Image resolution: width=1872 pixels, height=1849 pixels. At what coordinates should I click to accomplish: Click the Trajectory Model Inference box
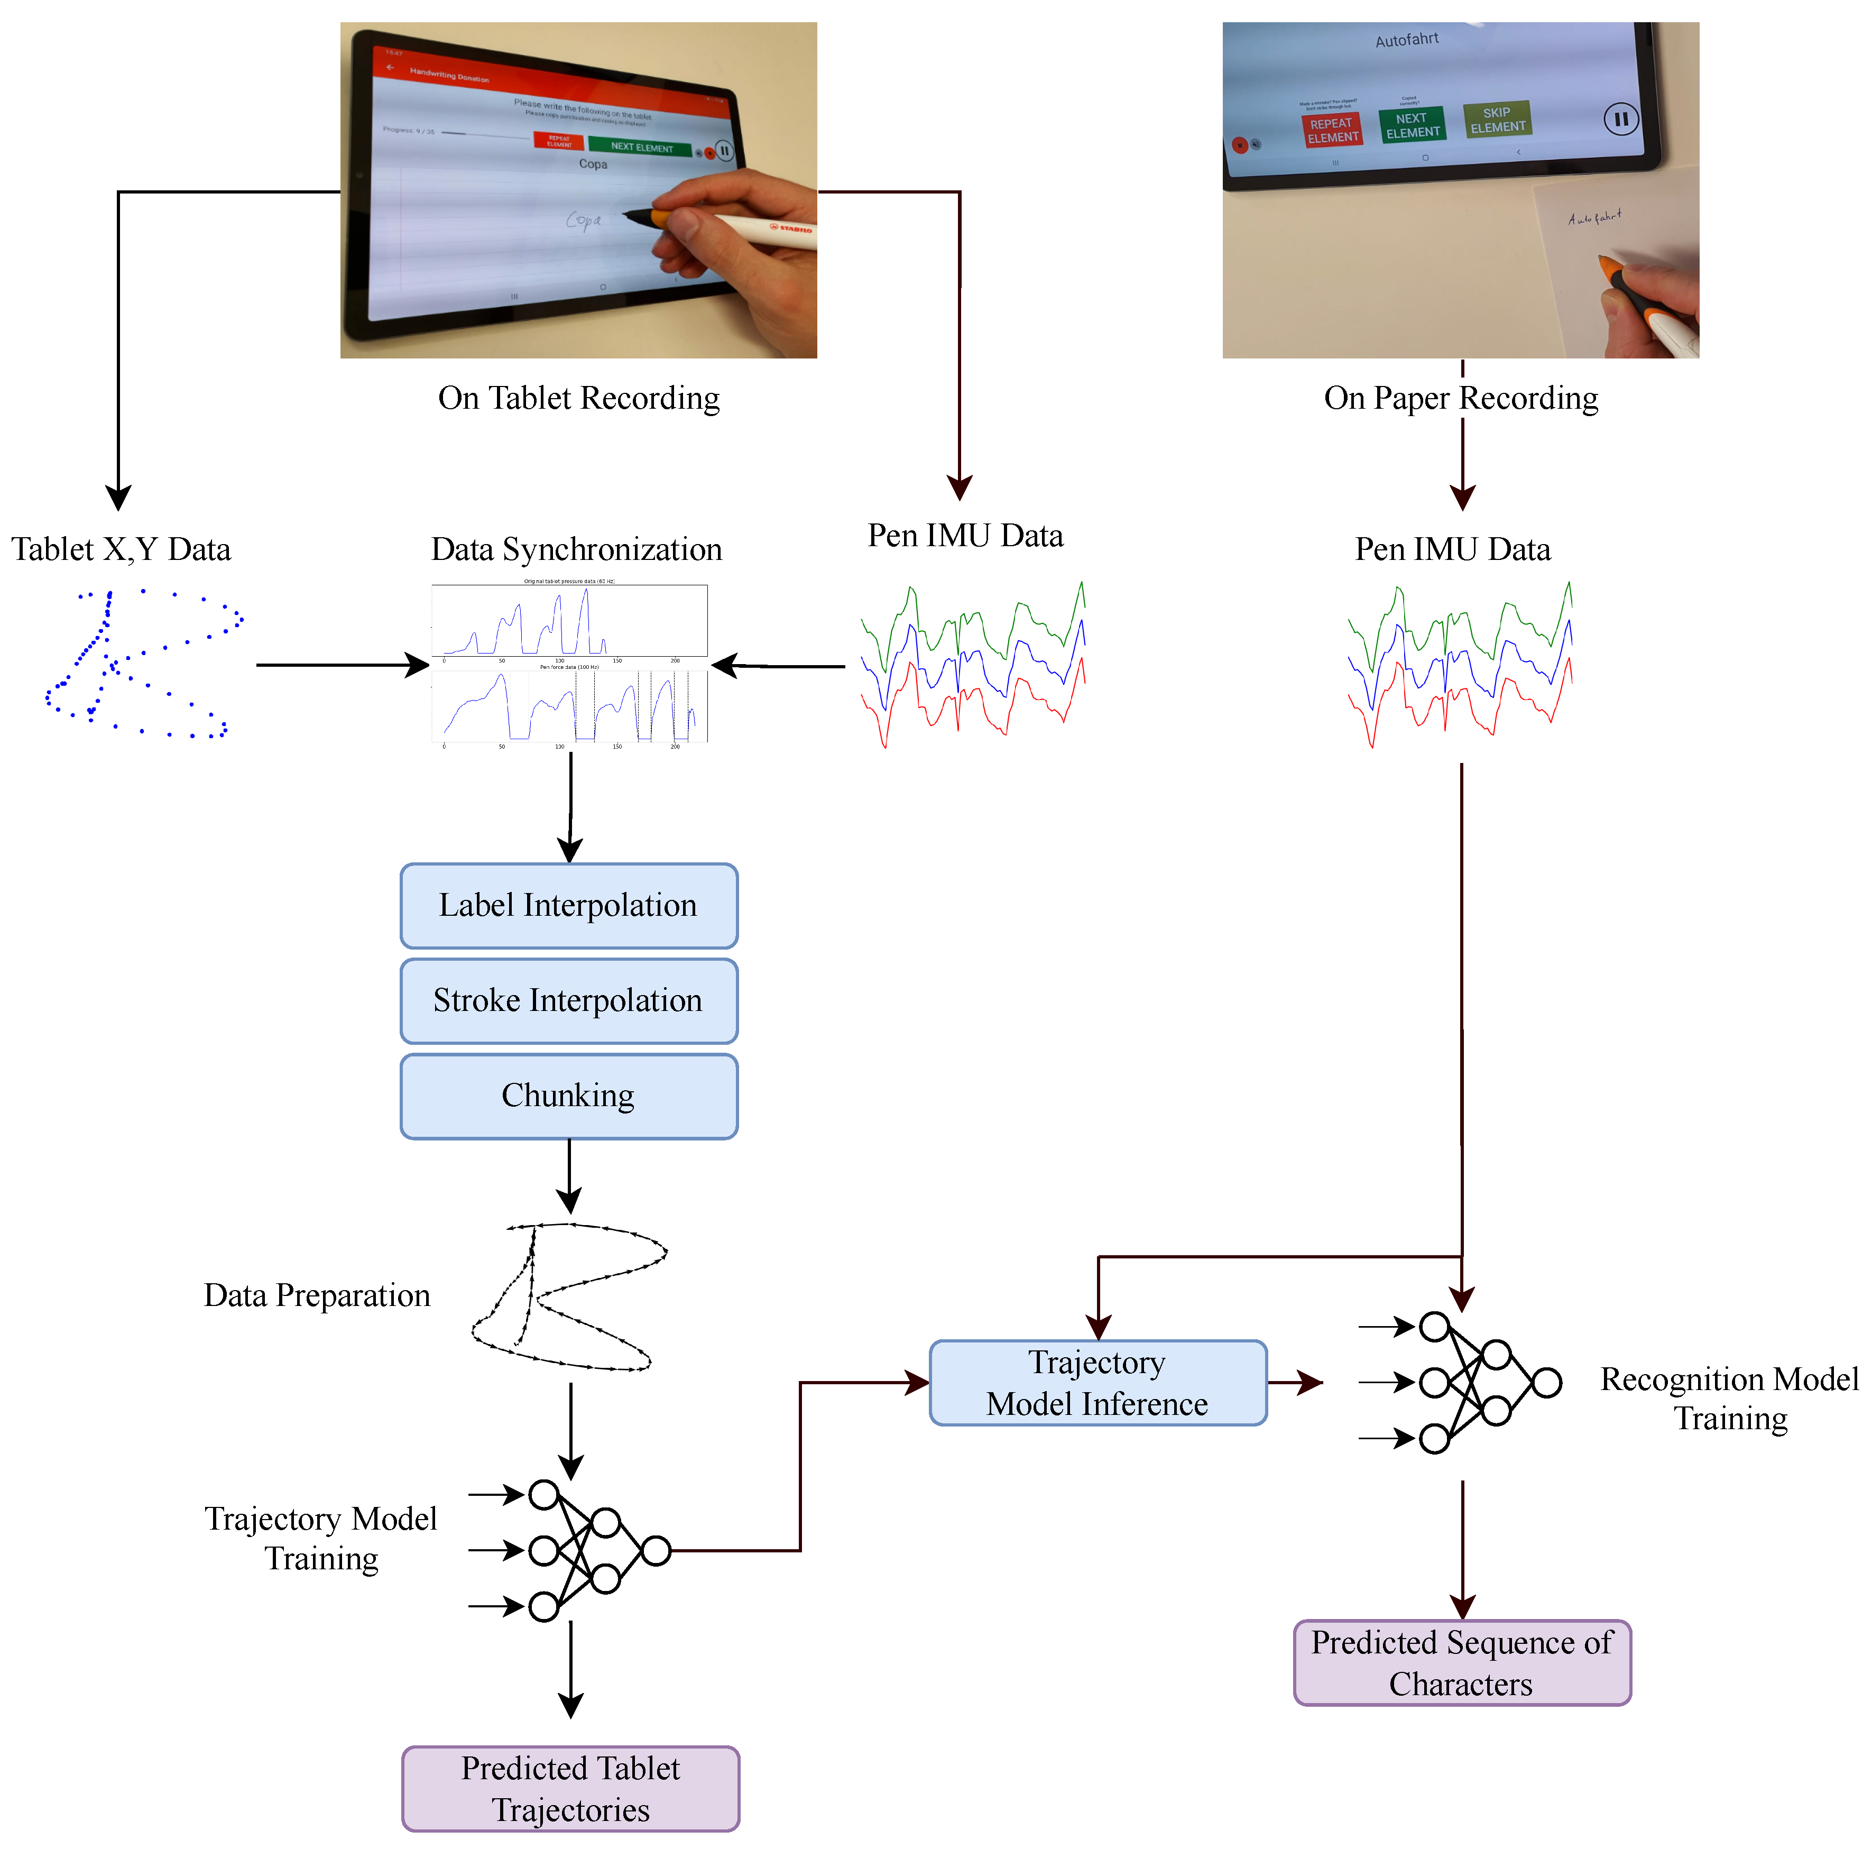point(1098,1383)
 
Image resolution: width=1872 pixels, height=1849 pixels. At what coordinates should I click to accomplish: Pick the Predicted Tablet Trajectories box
point(571,1789)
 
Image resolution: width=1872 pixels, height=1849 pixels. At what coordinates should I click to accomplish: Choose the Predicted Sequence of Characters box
point(1462,1663)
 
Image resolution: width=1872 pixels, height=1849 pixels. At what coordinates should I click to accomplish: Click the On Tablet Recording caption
point(578,398)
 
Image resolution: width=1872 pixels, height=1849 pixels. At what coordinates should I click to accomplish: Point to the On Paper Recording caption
point(1461,398)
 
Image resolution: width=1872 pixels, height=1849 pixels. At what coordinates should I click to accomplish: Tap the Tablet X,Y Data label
point(121,549)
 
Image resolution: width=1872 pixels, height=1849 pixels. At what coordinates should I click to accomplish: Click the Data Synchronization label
point(577,549)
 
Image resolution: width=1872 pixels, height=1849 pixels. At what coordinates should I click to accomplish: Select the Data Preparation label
point(317,1295)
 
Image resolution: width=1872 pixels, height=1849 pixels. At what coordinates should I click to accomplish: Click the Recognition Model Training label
point(1730,1399)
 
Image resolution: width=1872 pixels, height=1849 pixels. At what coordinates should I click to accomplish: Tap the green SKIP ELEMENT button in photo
point(1497,120)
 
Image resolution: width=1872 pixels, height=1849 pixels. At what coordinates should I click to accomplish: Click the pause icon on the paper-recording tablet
point(1621,119)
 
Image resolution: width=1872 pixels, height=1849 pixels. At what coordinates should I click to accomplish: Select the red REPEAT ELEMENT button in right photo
point(1332,130)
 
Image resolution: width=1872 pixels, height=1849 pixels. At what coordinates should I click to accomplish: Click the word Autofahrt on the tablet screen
point(1407,40)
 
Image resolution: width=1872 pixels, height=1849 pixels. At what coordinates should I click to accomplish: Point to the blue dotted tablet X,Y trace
point(141,664)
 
